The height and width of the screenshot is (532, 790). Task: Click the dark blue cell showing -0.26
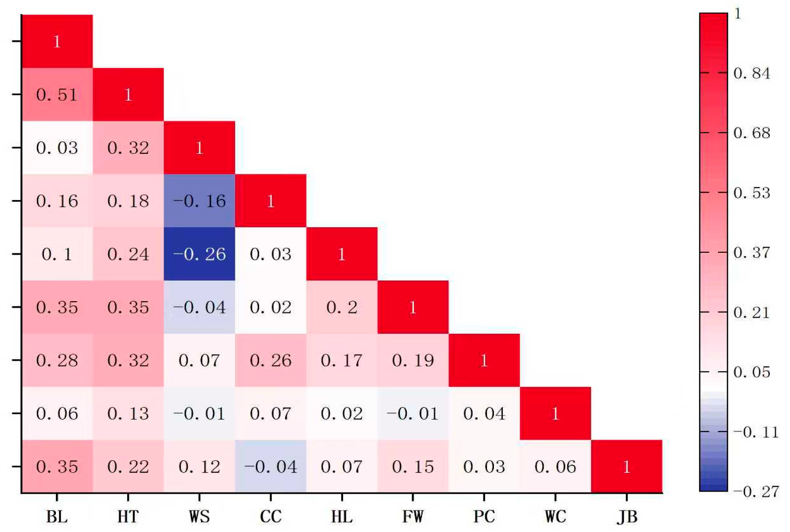[199, 254]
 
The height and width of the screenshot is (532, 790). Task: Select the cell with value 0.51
[57, 95]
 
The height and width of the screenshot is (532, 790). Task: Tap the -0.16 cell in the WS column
[199, 201]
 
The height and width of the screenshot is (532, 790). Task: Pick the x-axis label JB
[627, 516]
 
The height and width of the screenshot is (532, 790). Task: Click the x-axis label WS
[199, 516]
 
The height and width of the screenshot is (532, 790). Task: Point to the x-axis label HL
[342, 516]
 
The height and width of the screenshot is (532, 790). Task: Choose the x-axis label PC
[484, 516]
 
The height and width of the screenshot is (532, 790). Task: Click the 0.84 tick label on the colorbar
[751, 73]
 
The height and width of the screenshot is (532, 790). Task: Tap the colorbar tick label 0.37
[751, 252]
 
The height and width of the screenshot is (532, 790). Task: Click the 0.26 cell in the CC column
[271, 360]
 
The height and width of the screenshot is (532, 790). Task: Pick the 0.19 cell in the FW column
[413, 360]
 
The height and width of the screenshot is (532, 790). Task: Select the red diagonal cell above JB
[627, 466]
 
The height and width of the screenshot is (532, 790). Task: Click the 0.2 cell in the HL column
[342, 307]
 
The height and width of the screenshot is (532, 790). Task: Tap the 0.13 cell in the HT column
[128, 413]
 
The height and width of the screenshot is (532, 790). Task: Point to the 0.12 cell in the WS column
[199, 466]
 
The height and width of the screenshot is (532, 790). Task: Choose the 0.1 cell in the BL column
[57, 254]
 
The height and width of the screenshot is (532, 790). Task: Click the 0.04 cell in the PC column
[484, 413]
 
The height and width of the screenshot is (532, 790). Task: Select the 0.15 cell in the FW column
[413, 466]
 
